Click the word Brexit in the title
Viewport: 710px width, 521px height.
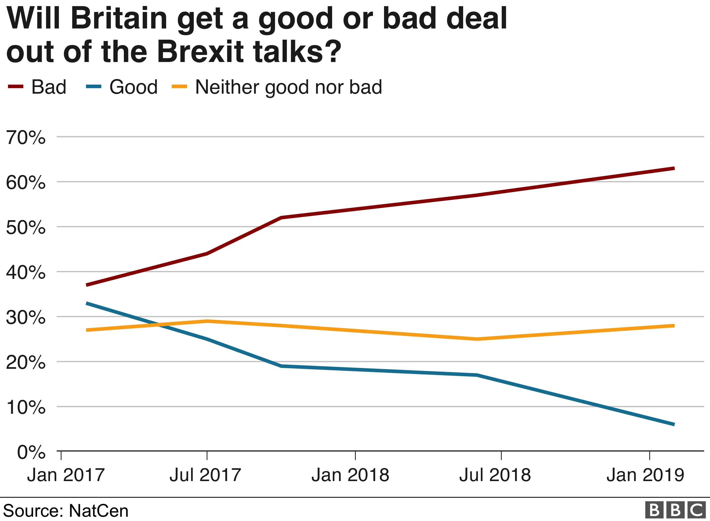click(x=200, y=51)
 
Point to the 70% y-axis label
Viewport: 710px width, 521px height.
click(x=26, y=138)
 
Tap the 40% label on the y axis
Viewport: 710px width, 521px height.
click(x=26, y=272)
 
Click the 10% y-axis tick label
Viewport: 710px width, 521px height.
click(x=26, y=407)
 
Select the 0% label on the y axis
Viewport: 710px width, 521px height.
click(x=31, y=453)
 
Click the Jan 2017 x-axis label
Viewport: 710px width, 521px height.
click(x=66, y=475)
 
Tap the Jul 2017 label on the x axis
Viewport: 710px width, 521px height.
click(x=205, y=475)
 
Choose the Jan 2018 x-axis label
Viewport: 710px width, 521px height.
click(x=350, y=475)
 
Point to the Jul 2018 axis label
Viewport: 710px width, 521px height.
click(x=495, y=475)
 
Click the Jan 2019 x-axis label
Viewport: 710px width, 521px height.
click(x=645, y=475)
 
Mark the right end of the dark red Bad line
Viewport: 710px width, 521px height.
click(x=674, y=168)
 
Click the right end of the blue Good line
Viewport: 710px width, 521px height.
click(x=674, y=424)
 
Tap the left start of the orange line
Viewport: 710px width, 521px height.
click(x=87, y=330)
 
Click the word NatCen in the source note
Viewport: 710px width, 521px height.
click(x=99, y=511)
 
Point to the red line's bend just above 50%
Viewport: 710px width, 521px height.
click(x=281, y=218)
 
